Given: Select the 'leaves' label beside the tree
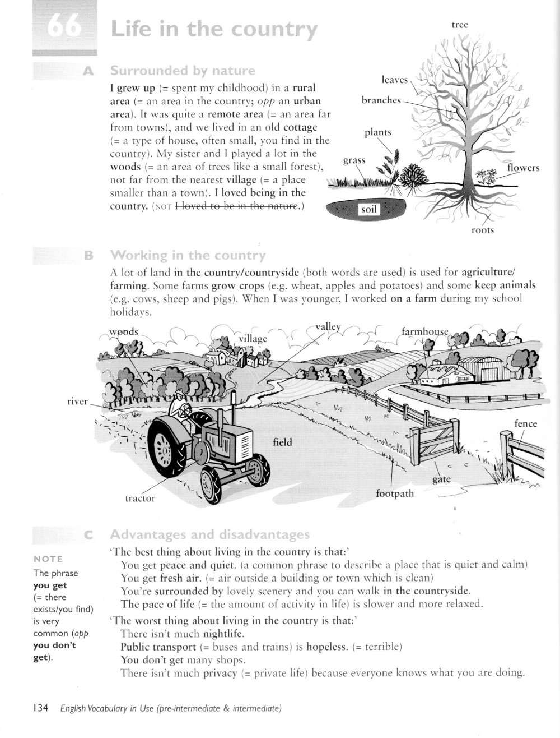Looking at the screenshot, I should [x=395, y=80].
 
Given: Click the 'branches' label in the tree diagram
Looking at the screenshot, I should [x=381, y=100].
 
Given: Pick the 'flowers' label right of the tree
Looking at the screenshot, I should [x=523, y=168].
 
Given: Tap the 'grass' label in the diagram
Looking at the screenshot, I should [x=354, y=160].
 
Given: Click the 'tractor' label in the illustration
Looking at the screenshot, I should [x=140, y=498].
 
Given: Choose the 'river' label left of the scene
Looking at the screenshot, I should [x=77, y=402].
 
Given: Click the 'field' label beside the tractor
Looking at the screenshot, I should [x=282, y=442].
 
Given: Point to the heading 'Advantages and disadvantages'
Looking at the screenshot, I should [x=210, y=534].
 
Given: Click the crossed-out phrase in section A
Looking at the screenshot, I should [x=237, y=206].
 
